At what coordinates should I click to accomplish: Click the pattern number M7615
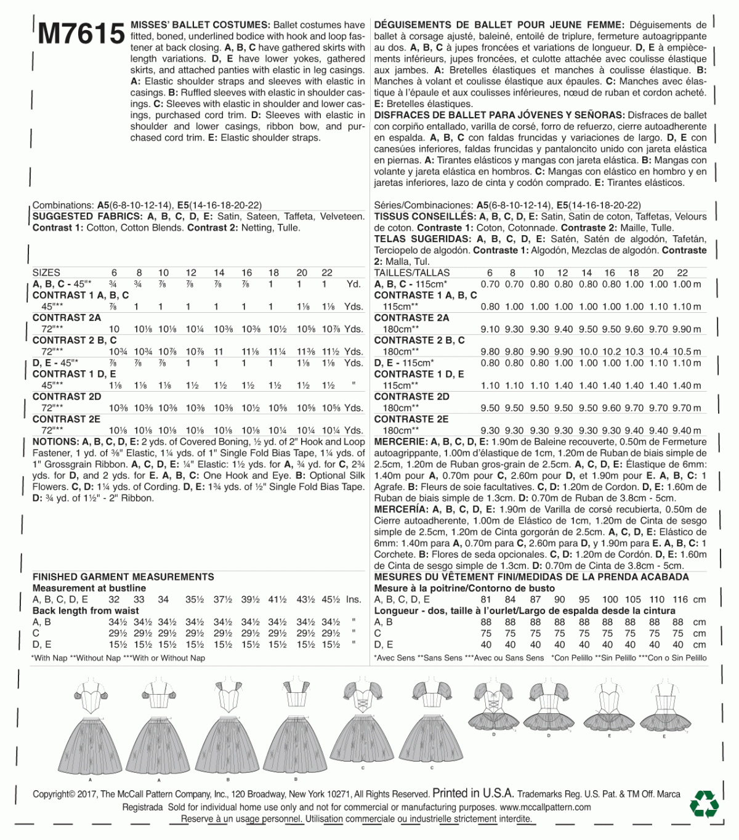[81, 34]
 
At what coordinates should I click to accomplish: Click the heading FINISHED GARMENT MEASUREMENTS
[123, 577]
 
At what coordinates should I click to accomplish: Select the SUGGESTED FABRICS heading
[87, 217]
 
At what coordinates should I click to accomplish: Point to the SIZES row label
[46, 272]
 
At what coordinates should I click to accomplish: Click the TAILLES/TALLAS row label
[412, 273]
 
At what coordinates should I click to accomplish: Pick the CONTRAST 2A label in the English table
[67, 318]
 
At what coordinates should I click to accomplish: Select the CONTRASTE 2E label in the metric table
[411, 419]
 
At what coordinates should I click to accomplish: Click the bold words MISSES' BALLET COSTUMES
[200, 25]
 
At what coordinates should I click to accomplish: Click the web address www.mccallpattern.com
[545, 807]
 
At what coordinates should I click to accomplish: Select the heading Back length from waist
[86, 611]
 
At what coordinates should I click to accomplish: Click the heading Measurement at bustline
[89, 589]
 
